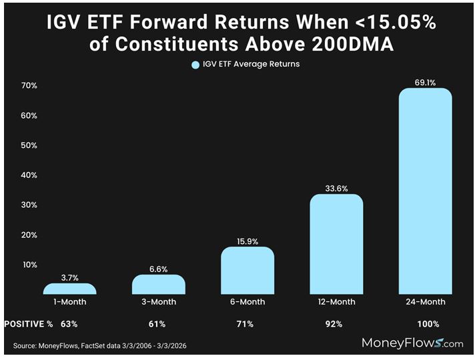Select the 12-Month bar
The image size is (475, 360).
pyautogui.click(x=336, y=244)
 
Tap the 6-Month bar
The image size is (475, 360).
pyautogui.click(x=248, y=271)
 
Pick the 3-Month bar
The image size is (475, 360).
pyautogui.click(x=159, y=285)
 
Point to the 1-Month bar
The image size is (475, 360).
pyautogui.click(x=69, y=289)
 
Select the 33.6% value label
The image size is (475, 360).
pyautogui.click(x=336, y=187)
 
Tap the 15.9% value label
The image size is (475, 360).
pyautogui.click(x=248, y=240)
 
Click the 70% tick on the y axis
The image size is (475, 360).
pyautogui.click(x=29, y=86)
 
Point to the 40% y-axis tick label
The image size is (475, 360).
pyautogui.click(x=29, y=175)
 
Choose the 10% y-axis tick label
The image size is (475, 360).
pyautogui.click(x=29, y=265)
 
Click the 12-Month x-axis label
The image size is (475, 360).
pyautogui.click(x=336, y=302)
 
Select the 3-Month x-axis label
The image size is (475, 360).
pyautogui.click(x=159, y=302)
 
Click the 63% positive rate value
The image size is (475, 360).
pyautogui.click(x=69, y=324)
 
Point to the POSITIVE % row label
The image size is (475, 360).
pyautogui.click(x=28, y=324)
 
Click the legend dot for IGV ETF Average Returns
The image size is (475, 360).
pyautogui.click(x=195, y=65)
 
